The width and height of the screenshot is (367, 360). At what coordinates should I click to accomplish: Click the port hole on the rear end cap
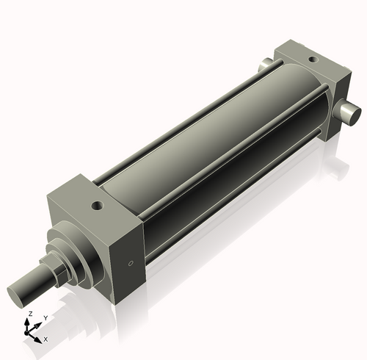coord(312,59)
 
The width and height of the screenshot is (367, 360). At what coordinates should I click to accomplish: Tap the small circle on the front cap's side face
coord(131,263)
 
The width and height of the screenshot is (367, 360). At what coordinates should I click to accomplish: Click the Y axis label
coord(45,317)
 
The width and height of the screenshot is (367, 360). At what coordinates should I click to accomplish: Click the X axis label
coord(46,339)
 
